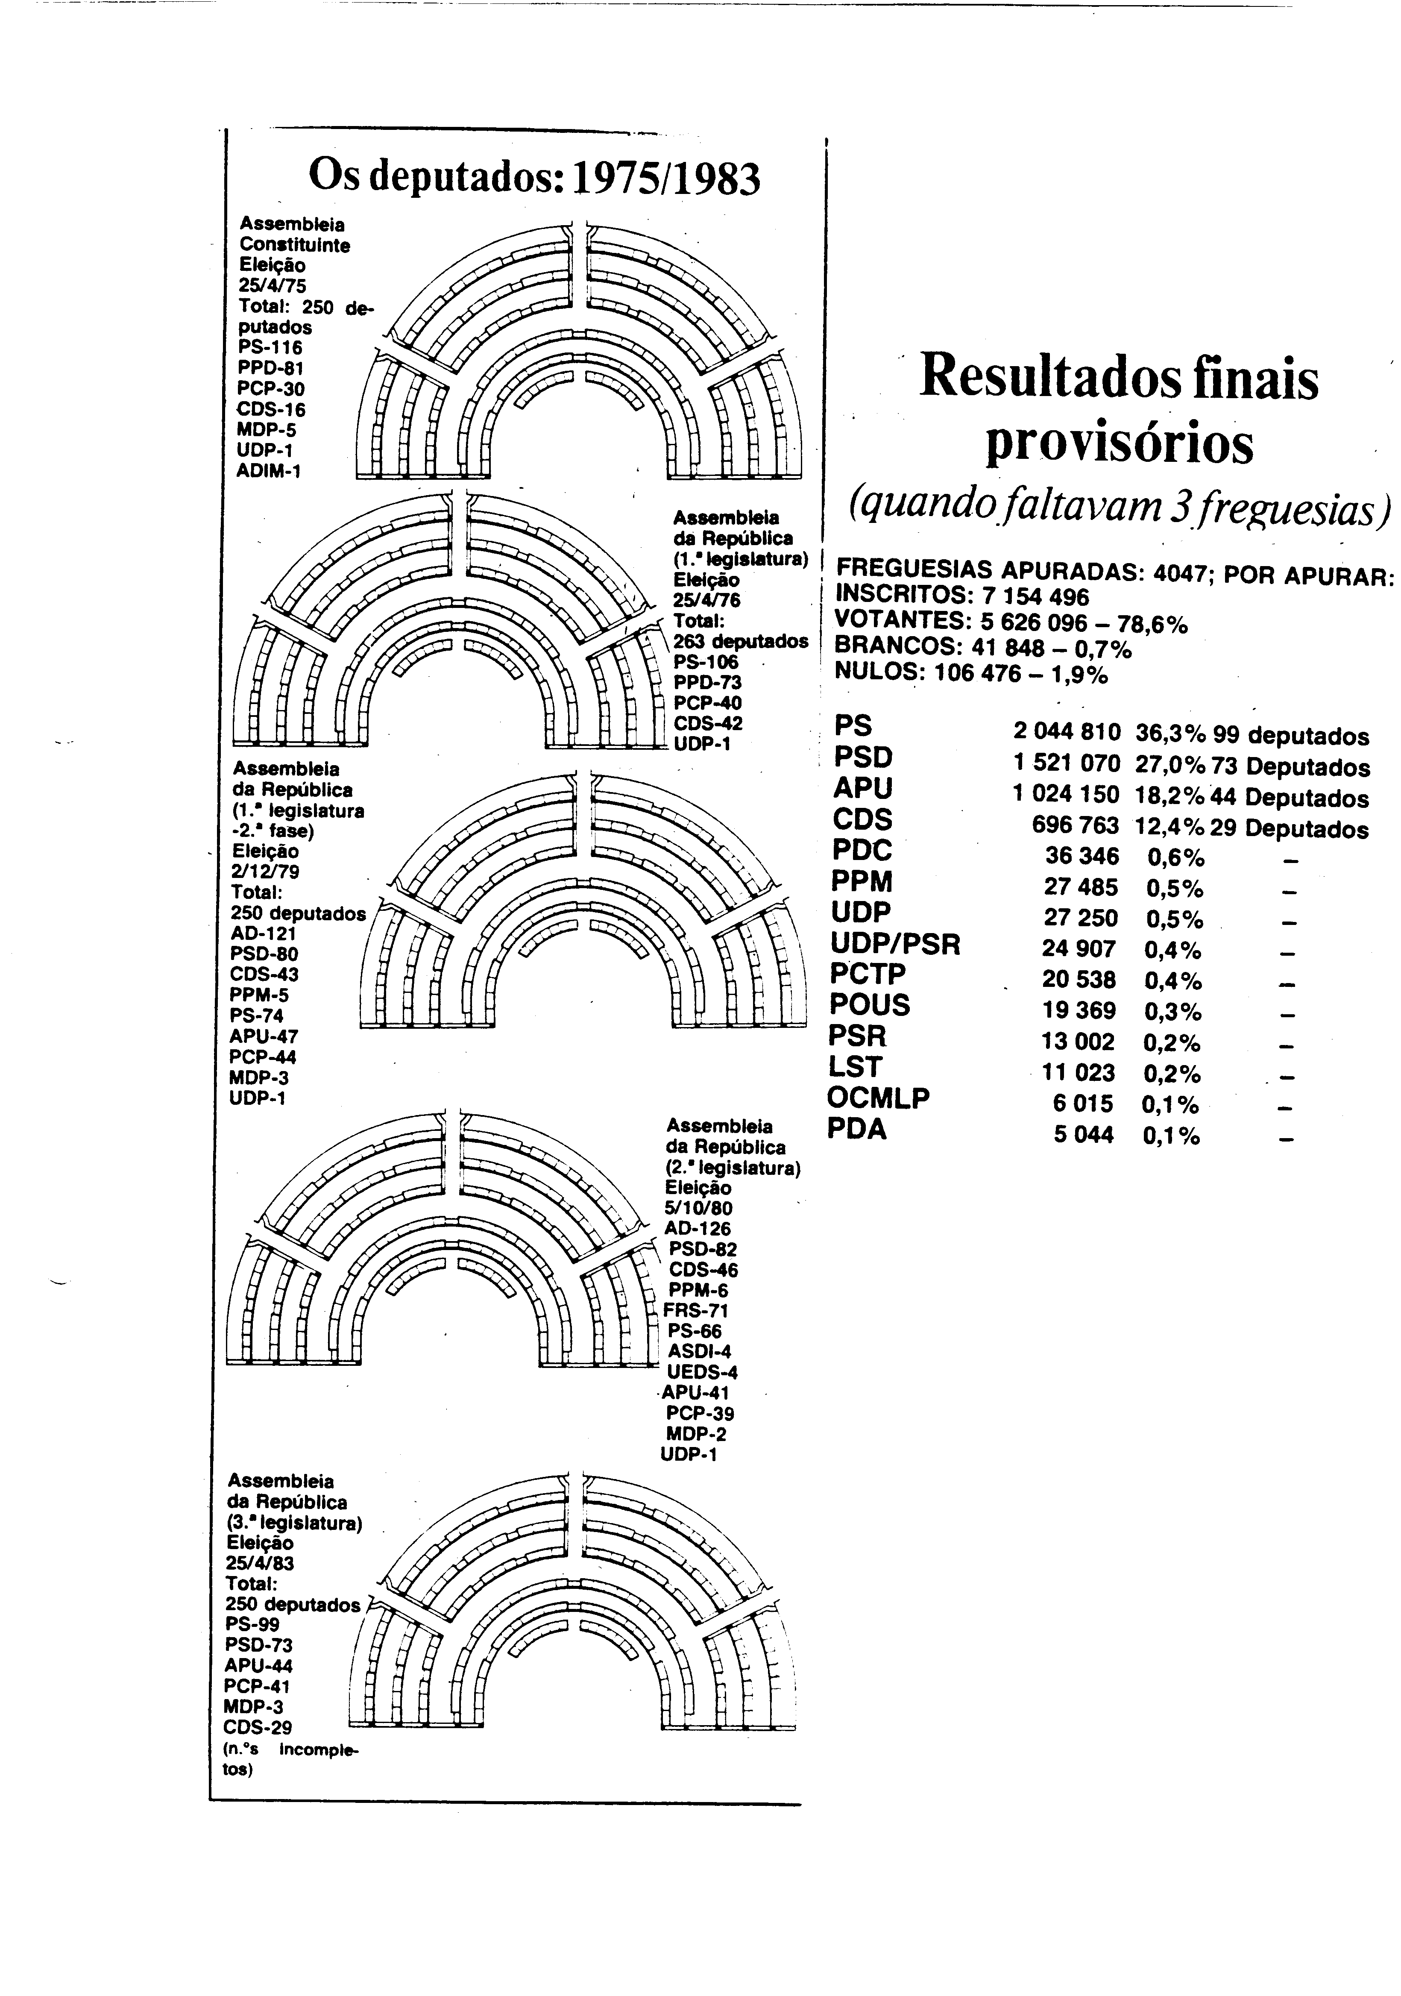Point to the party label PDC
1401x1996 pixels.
tap(862, 849)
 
